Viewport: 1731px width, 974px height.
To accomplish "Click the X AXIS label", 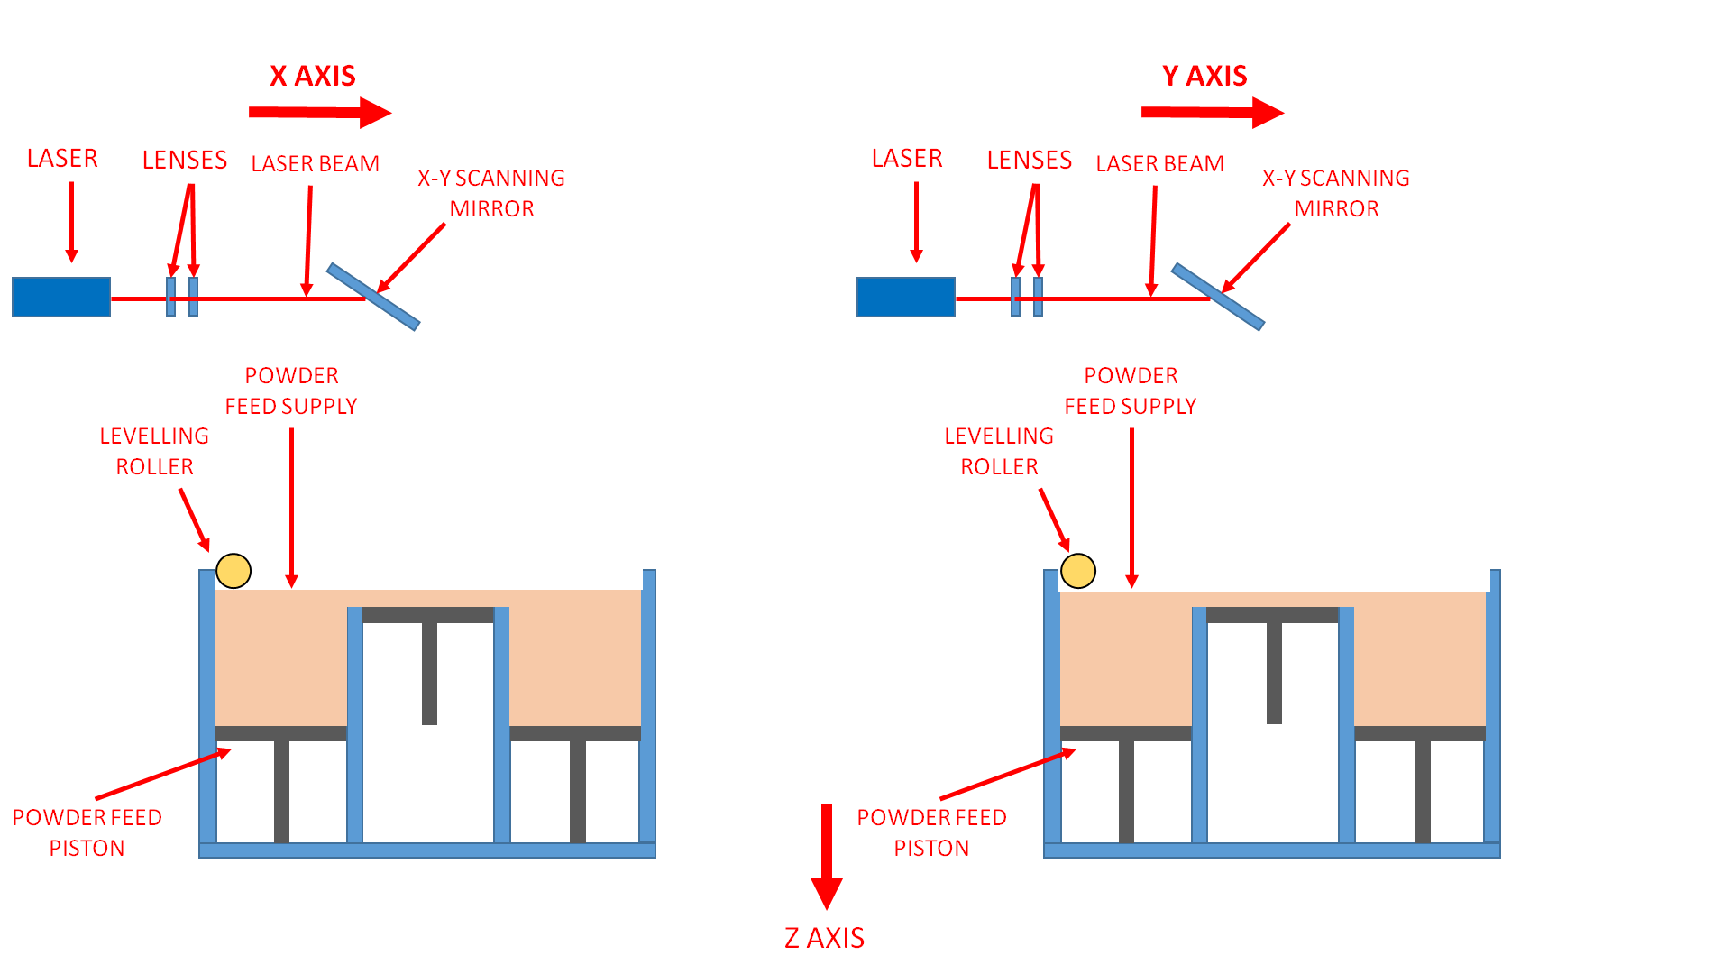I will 313,76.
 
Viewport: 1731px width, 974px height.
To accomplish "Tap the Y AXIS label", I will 1204,76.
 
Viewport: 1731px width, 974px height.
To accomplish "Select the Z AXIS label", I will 824,938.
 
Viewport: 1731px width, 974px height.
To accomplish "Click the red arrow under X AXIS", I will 320,112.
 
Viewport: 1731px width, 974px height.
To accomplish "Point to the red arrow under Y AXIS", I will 1212,112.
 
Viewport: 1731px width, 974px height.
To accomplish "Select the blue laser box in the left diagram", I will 61,297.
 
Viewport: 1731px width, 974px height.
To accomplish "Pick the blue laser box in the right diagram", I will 905,297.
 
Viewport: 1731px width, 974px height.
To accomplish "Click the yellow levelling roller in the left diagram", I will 234,571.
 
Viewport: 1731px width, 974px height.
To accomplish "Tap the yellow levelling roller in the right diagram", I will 1078,571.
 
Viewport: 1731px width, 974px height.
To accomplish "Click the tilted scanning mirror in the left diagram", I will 373,297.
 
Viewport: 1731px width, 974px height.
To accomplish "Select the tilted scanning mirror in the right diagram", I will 1218,297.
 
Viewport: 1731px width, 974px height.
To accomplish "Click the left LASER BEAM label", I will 315,163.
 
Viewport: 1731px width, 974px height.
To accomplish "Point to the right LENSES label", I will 1029,160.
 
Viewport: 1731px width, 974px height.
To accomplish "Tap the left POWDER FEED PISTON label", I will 87,832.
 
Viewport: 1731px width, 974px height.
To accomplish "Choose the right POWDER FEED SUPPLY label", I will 1131,391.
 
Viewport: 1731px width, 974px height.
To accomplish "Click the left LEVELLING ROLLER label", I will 154,451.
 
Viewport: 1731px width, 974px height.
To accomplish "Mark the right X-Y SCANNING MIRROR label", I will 1336,193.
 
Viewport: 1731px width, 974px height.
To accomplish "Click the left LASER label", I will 62,158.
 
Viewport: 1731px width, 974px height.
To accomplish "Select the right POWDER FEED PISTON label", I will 931,832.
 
